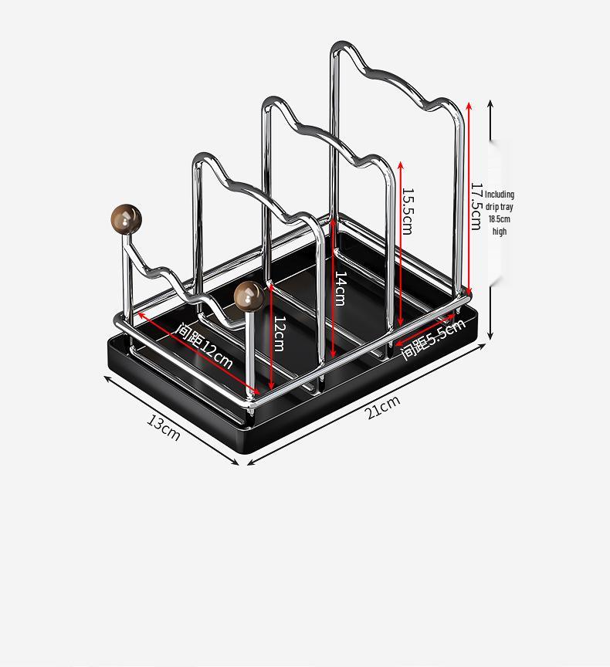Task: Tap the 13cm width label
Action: (x=164, y=427)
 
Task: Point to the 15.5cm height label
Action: (x=407, y=211)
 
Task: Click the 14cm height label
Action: (x=340, y=288)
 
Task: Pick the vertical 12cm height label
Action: (x=279, y=333)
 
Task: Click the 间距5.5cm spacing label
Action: (x=433, y=340)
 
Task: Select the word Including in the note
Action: (x=500, y=195)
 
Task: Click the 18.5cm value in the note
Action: (x=500, y=219)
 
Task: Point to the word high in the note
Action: (x=500, y=232)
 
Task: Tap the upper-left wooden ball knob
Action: (x=127, y=218)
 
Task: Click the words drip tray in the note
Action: (x=500, y=207)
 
